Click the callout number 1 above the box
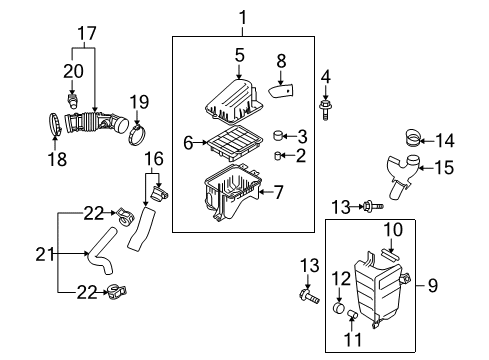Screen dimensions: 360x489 pyautogui.click(x=241, y=15)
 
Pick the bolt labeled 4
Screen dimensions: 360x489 pyautogui.click(x=325, y=103)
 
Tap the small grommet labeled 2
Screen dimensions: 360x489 pyautogui.click(x=281, y=155)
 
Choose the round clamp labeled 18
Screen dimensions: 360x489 pyautogui.click(x=51, y=125)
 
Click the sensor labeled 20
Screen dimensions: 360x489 pyautogui.click(x=73, y=103)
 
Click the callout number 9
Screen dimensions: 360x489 pyautogui.click(x=433, y=285)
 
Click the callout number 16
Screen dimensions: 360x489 pyautogui.click(x=153, y=157)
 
